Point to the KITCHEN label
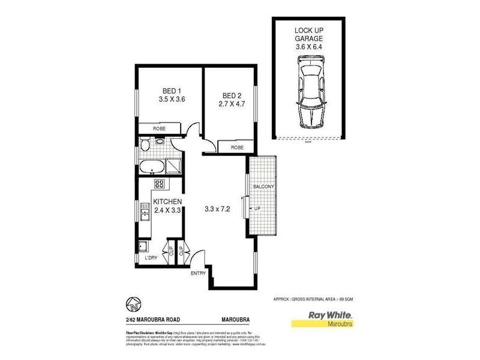click(168, 201)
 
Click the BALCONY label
click(264, 187)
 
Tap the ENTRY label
click(199, 274)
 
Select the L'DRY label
click(152, 259)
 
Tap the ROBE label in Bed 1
click(159, 129)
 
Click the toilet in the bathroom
click(145, 144)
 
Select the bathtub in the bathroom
click(152, 167)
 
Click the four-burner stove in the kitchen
click(159, 184)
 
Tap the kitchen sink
click(145, 211)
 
